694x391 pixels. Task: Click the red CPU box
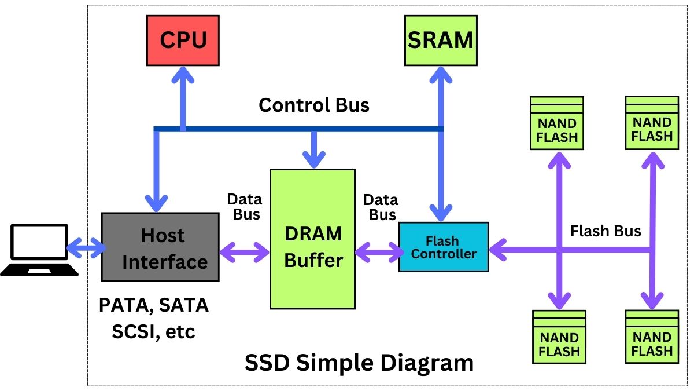click(x=183, y=40)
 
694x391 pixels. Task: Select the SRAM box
click(x=441, y=40)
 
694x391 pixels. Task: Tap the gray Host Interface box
click(x=161, y=247)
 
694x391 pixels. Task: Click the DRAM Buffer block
click(x=312, y=239)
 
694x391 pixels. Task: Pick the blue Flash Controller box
click(x=444, y=247)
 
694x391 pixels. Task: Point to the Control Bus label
click(x=313, y=105)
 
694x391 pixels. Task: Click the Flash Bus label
click(x=606, y=231)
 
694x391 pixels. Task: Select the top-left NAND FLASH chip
click(x=557, y=123)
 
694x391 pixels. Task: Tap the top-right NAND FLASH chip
click(x=652, y=123)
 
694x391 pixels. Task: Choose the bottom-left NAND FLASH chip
click(x=559, y=337)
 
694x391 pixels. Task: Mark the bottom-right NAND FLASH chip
click(x=652, y=337)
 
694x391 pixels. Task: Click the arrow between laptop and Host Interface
click(x=86, y=249)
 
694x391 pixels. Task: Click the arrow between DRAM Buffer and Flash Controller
click(x=379, y=252)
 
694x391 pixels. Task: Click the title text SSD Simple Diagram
click(x=359, y=363)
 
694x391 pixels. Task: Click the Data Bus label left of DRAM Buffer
click(x=244, y=207)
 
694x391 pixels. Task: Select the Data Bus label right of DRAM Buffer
click(x=380, y=207)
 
